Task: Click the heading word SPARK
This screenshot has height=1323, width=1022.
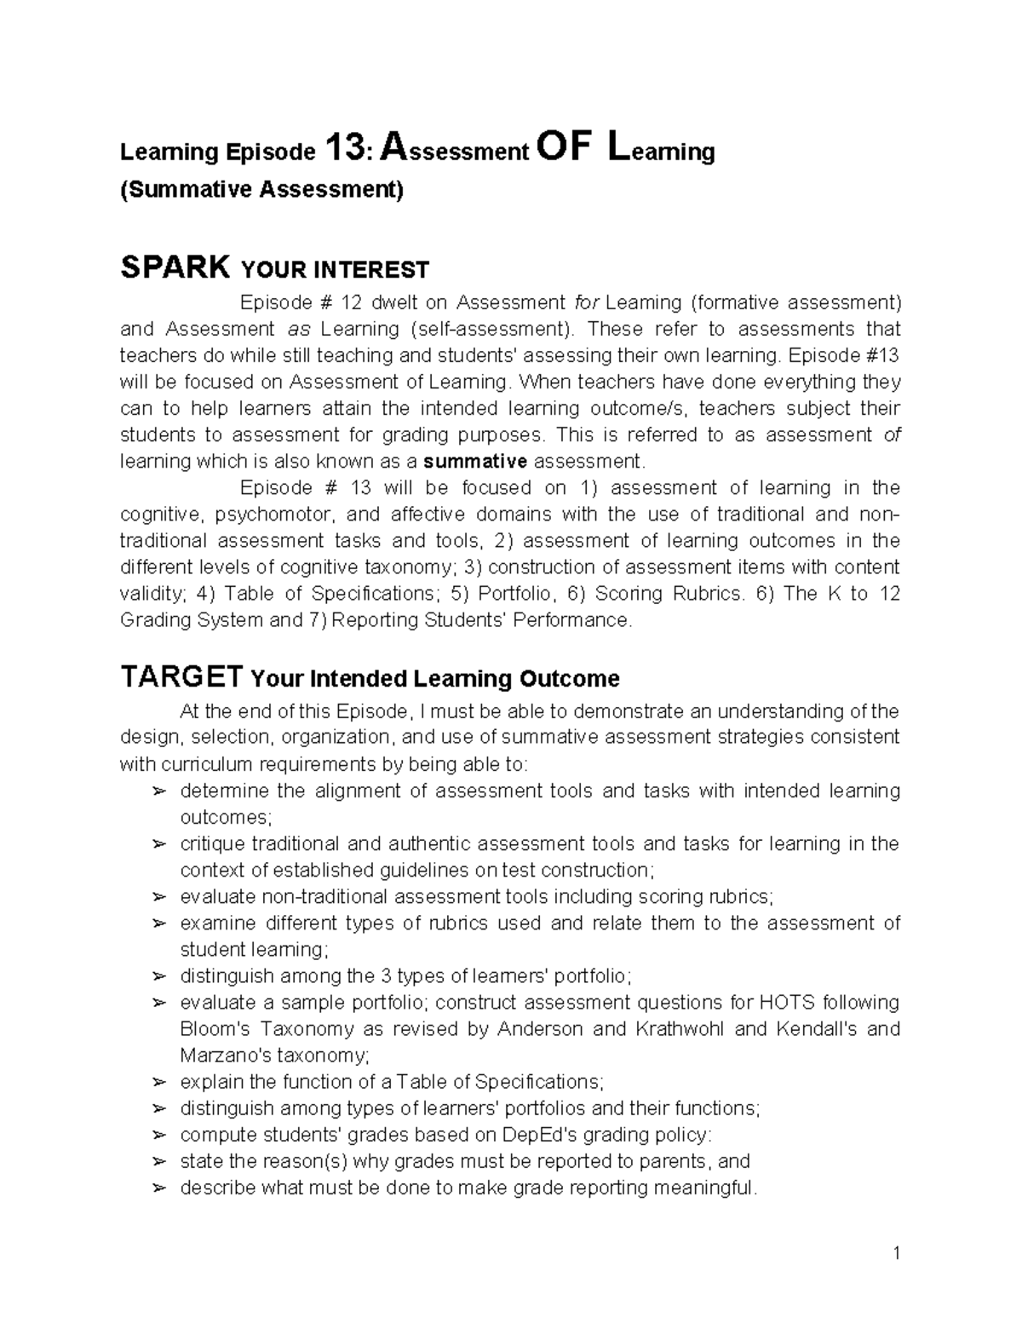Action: click(x=175, y=268)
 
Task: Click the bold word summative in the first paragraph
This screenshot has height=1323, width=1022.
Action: click(x=475, y=462)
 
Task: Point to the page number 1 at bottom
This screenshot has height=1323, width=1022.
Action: click(x=896, y=1252)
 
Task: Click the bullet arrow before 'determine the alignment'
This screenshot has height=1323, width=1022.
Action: click(x=158, y=791)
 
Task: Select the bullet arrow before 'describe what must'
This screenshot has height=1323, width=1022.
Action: click(x=158, y=1188)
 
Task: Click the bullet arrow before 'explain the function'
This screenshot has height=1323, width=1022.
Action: click(x=158, y=1083)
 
